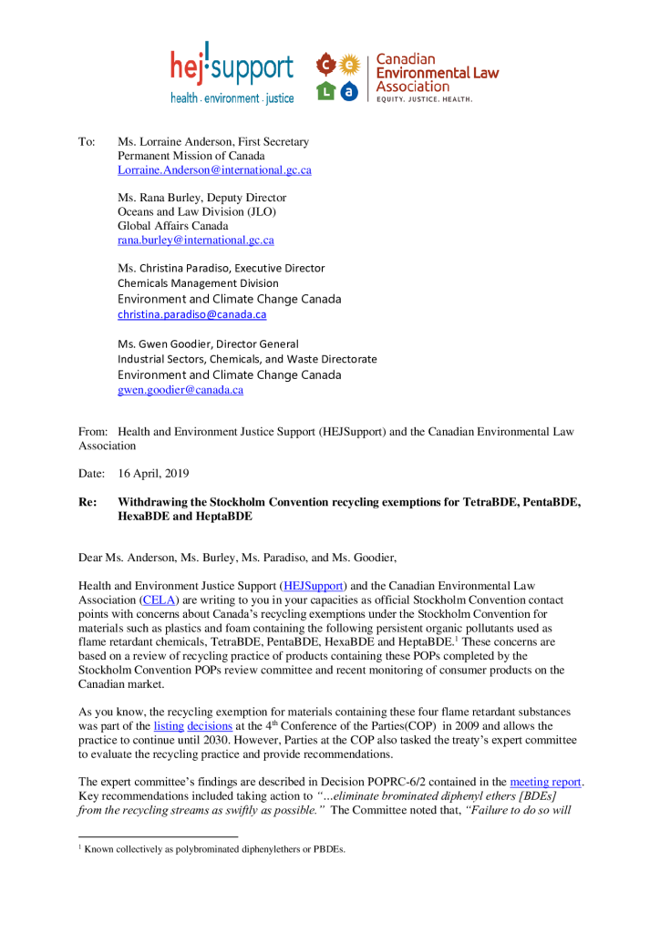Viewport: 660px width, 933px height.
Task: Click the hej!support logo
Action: point(232,71)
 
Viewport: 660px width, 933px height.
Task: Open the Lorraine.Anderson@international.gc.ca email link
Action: point(214,170)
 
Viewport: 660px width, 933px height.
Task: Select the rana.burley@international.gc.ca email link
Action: point(195,241)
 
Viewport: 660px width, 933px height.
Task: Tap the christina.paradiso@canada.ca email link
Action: point(191,314)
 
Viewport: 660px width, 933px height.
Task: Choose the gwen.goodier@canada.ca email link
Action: point(180,390)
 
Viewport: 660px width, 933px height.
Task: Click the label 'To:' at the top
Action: point(87,142)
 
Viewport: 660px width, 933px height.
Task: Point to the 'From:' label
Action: point(93,432)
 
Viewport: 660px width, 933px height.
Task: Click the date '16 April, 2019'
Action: point(153,475)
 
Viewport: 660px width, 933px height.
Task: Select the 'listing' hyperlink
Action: point(169,726)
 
